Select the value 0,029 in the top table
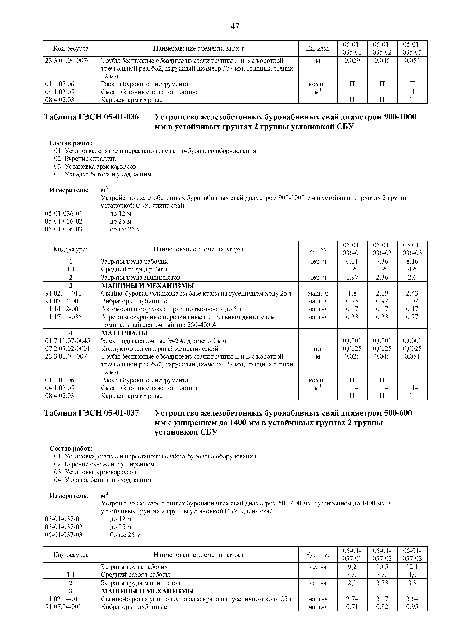tap(352, 61)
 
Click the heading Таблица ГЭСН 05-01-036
tap(91, 117)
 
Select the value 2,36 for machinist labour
tap(382, 277)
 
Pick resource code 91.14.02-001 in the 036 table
tap(63, 309)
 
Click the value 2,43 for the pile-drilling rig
tap(412, 293)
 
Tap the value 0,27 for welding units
tap(412, 317)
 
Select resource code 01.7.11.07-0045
tap(67, 341)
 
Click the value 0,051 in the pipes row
tap(412, 356)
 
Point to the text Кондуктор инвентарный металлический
tap(159, 349)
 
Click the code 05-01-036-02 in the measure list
tap(64, 222)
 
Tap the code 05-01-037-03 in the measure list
tap(64, 535)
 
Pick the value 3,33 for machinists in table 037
tap(382, 583)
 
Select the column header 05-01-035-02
tap(382, 48)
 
